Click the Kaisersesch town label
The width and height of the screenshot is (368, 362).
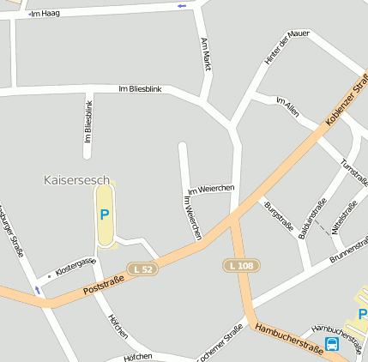click(x=76, y=180)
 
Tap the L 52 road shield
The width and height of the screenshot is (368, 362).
click(x=144, y=269)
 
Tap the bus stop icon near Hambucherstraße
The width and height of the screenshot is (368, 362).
click(x=332, y=344)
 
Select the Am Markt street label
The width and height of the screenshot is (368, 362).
click(x=205, y=53)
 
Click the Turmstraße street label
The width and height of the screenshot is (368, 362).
click(x=353, y=175)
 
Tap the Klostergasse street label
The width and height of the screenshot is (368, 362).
click(x=75, y=265)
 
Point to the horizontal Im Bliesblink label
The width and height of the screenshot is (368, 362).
click(x=139, y=89)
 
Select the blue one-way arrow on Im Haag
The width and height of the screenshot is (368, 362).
click(x=181, y=6)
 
